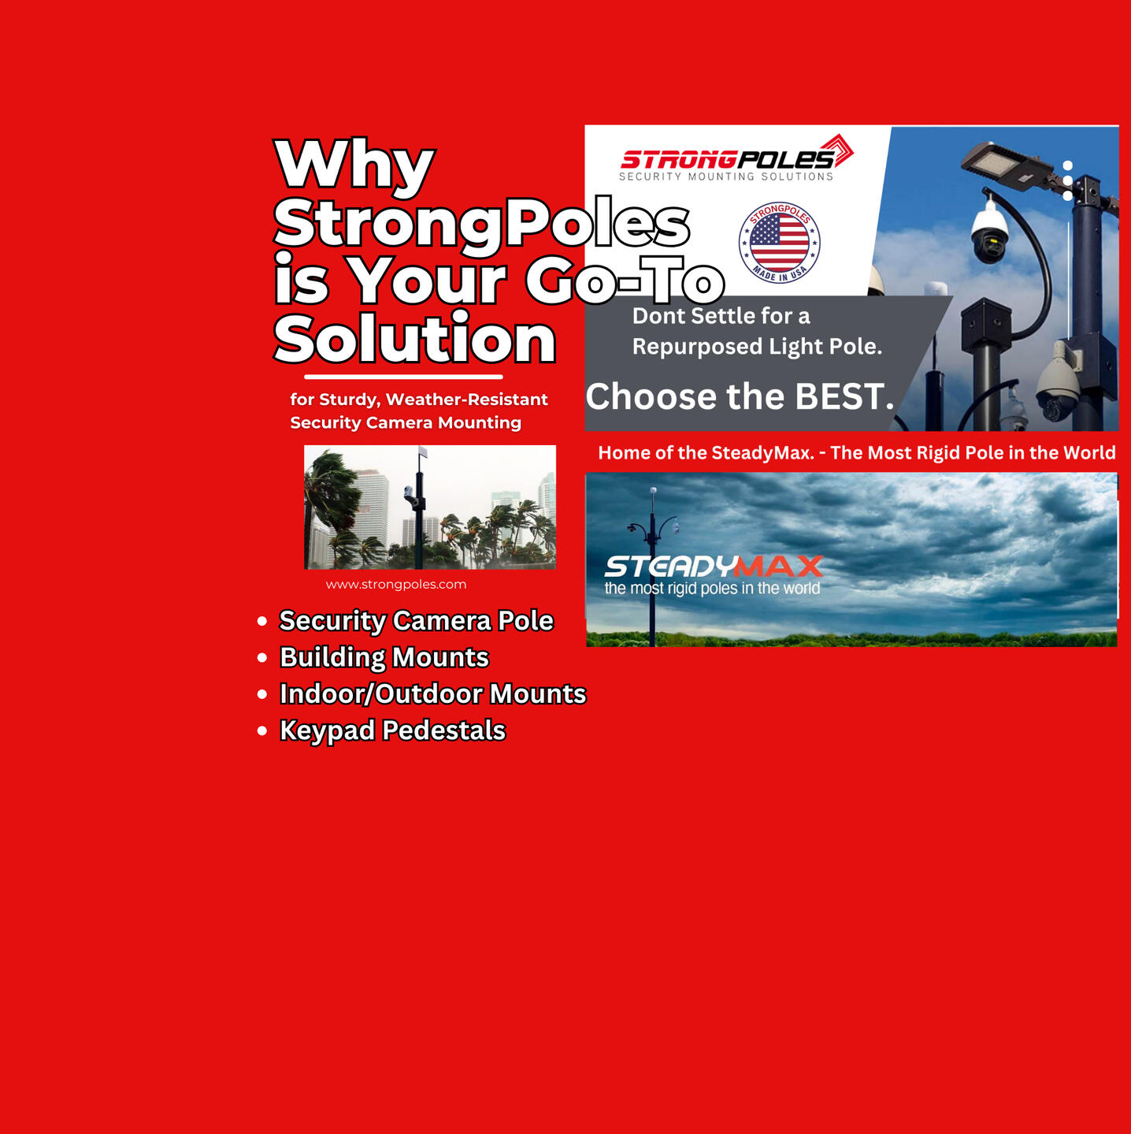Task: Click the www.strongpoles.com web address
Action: point(396,585)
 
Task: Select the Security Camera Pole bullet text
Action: point(417,621)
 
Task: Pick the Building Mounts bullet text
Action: point(384,657)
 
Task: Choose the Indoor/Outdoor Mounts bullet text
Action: point(433,693)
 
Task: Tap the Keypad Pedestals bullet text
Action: point(392,731)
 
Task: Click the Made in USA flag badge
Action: point(779,243)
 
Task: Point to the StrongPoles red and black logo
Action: point(737,153)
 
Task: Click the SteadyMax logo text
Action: point(714,566)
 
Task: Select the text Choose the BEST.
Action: point(740,396)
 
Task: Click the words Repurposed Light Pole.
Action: point(758,347)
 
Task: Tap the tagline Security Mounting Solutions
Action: point(726,177)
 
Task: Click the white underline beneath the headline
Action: point(403,377)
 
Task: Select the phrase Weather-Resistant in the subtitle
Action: point(467,400)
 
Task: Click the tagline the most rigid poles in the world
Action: point(712,589)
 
